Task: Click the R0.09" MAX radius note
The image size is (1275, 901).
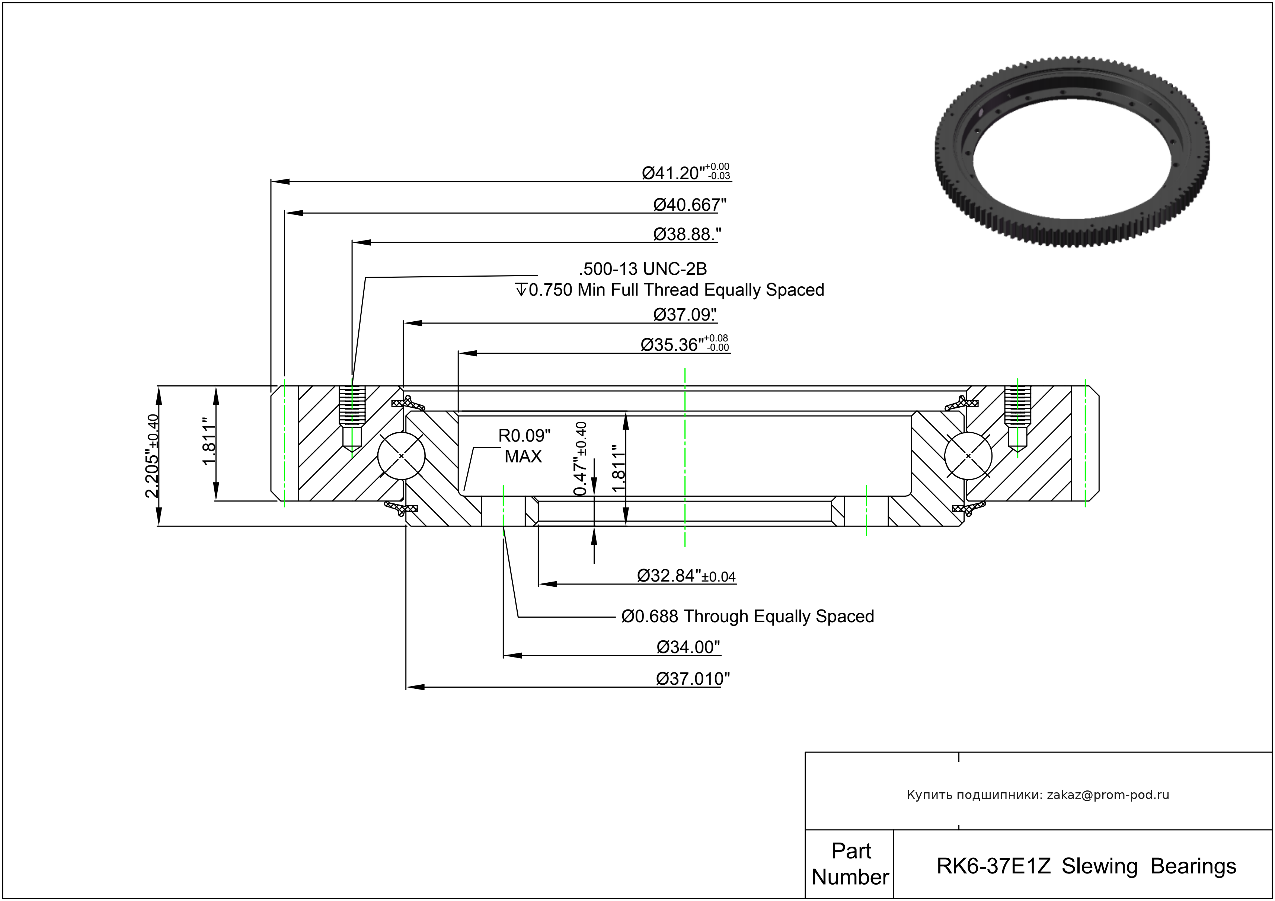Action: tap(524, 446)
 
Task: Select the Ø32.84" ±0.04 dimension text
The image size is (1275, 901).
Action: tap(686, 576)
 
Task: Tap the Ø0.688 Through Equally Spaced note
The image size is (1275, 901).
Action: tap(747, 617)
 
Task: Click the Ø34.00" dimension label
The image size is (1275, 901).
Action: tap(688, 647)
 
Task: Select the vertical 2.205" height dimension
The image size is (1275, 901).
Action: tap(152, 455)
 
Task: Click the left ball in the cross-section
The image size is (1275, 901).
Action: tap(402, 455)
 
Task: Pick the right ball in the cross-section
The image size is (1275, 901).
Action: tap(968, 455)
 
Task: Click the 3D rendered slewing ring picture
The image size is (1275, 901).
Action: tap(1072, 151)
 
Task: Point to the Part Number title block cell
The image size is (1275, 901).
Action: tap(850, 864)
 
